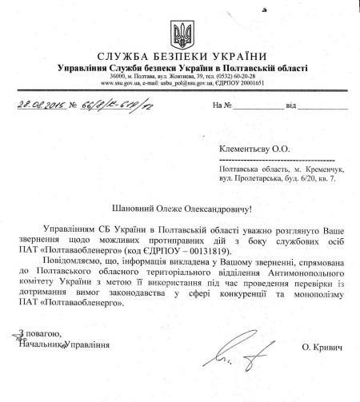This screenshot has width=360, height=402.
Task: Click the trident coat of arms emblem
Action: pos(180,34)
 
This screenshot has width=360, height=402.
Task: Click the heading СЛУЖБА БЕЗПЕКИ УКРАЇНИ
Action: pos(181,57)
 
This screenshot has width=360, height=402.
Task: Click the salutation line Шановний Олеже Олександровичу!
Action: pos(179,209)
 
